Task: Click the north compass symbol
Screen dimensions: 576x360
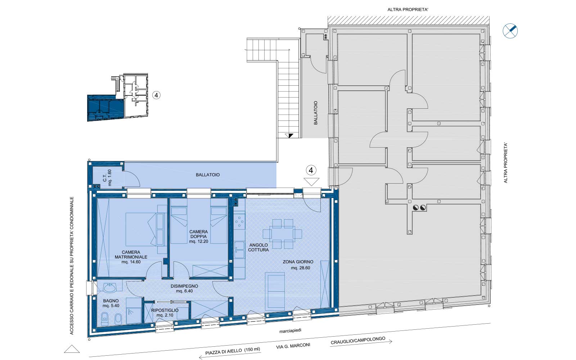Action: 510,31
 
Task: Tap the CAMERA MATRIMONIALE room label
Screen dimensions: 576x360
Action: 131,257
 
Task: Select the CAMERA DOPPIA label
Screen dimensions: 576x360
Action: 198,237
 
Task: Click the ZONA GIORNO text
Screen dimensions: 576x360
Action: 298,262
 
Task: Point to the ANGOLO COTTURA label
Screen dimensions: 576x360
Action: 258,247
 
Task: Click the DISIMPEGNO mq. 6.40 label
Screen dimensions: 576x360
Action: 184,288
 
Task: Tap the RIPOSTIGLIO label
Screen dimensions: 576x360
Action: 165,310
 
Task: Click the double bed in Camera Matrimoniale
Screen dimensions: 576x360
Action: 141,229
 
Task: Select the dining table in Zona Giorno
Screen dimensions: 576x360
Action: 282,234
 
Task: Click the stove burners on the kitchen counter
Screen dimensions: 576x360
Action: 239,222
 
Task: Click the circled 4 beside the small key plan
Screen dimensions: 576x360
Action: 156,95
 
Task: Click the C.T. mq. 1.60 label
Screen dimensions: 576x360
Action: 107,177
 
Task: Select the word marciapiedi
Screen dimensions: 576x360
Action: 290,331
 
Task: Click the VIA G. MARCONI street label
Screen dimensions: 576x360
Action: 293,346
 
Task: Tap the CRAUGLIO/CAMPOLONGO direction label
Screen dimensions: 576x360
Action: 358,341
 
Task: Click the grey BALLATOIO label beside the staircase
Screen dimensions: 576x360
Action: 316,113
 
